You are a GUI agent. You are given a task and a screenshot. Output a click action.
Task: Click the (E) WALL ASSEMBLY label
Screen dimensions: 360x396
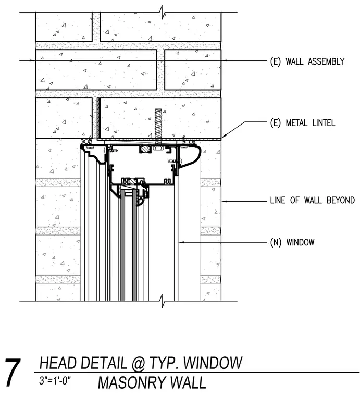(x=307, y=61)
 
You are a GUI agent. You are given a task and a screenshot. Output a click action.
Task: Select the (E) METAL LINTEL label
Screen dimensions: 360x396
(x=303, y=123)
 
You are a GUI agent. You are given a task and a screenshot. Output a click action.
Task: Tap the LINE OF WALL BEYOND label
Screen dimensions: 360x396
(x=313, y=200)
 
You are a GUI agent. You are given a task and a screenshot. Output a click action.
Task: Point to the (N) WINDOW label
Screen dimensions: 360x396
(x=292, y=242)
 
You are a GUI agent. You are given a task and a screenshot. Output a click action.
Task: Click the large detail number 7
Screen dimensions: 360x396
(x=13, y=373)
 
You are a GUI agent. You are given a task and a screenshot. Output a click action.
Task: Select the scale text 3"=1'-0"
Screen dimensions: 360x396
(x=55, y=380)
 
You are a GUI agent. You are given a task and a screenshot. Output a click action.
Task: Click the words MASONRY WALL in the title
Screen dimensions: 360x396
(x=152, y=382)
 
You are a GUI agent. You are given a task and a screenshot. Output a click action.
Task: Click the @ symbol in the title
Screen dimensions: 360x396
(x=138, y=363)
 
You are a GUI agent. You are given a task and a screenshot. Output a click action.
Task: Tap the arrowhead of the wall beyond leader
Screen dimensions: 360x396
(x=225, y=201)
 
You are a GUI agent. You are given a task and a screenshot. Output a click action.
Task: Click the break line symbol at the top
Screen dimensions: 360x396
(x=163, y=12)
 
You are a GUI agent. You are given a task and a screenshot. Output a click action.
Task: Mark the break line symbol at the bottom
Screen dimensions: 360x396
(x=163, y=301)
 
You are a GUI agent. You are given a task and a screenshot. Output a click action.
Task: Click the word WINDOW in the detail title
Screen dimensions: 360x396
(x=213, y=363)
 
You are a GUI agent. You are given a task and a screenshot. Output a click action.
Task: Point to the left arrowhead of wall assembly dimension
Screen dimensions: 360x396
(x=32, y=60)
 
